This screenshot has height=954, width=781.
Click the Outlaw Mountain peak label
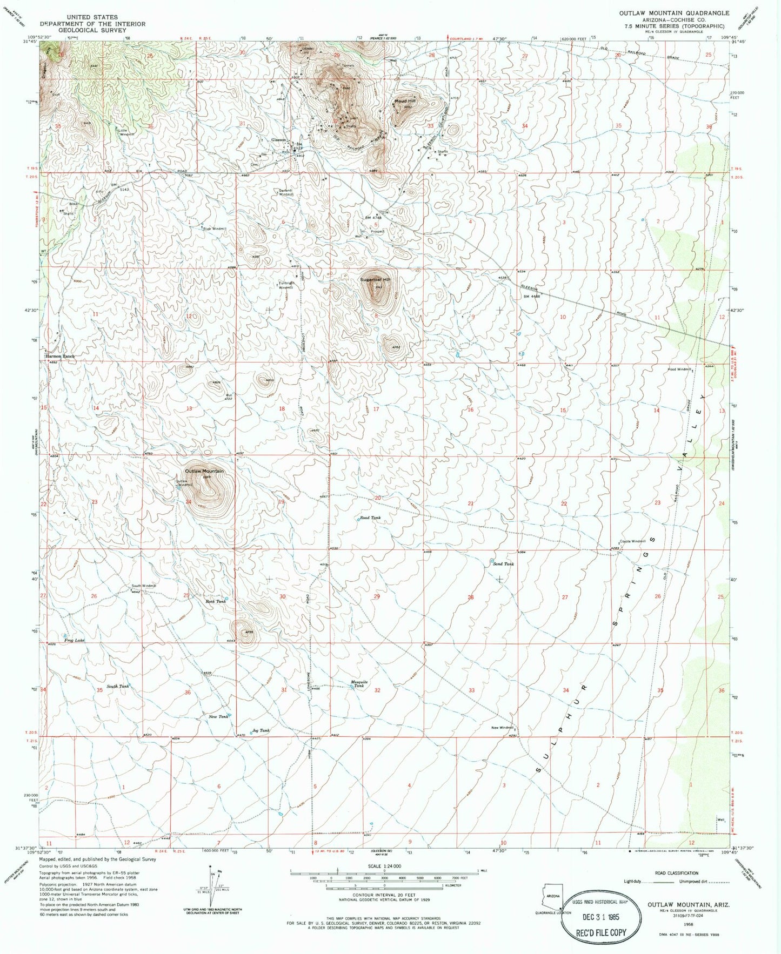[203, 471]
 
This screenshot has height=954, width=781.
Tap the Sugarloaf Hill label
[376, 280]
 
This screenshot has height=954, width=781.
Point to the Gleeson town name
[278, 139]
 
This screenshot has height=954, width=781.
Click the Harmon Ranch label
[59, 357]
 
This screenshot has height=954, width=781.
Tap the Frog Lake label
[75, 641]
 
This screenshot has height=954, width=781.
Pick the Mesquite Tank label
[359, 683]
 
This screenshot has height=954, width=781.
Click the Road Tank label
[370, 518]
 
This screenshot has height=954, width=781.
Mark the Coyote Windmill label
[633, 541]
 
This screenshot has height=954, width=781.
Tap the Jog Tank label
[261, 730]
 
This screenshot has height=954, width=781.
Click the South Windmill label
[144, 586]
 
